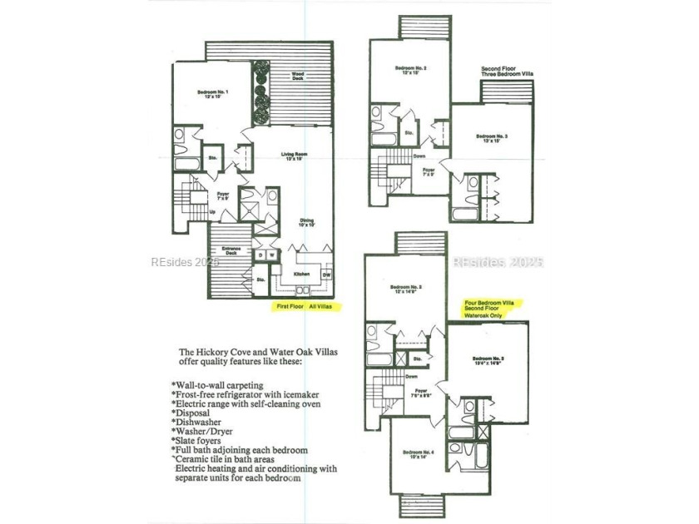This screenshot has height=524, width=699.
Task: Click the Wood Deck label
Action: (x=297, y=76)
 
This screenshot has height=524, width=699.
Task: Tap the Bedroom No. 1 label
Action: (x=213, y=93)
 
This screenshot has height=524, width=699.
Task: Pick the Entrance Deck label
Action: (x=231, y=252)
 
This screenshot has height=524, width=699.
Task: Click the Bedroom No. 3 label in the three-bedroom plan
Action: (x=492, y=138)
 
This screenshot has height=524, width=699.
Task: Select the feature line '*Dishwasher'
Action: (x=199, y=422)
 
